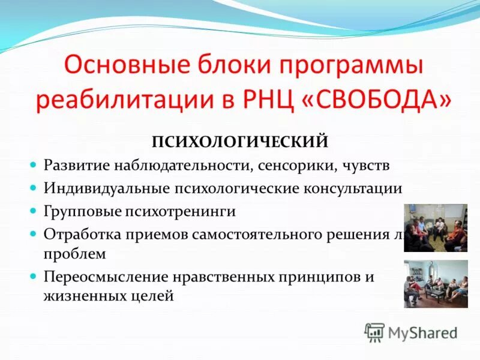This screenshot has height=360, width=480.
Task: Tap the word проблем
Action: click(74, 253)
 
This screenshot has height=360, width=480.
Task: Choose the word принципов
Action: click(318, 277)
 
